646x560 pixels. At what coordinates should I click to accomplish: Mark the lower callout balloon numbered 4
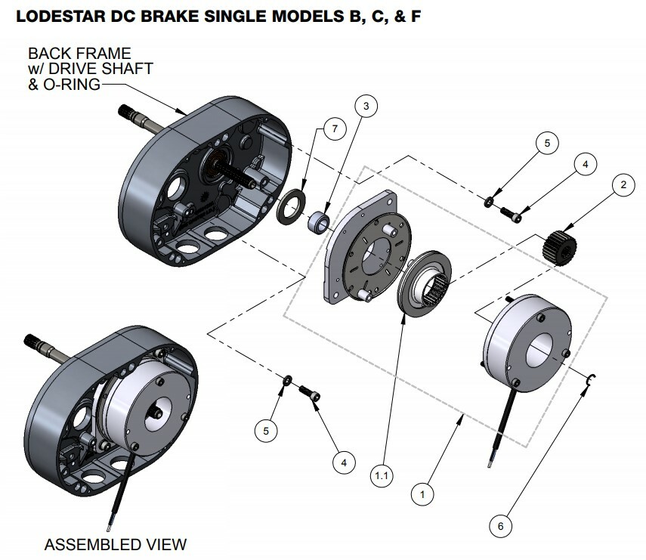pyautogui.click(x=343, y=460)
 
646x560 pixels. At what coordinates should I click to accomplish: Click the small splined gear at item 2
pyautogui.click(x=559, y=246)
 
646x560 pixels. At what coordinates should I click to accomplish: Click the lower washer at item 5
pyautogui.click(x=288, y=380)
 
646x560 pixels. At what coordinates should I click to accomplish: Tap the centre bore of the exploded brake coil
pyautogui.click(x=545, y=347)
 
